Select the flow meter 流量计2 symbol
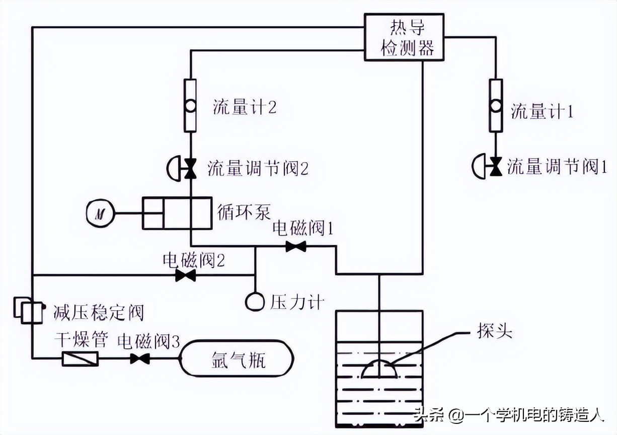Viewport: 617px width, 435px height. click(x=190, y=106)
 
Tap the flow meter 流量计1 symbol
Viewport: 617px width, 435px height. click(x=496, y=106)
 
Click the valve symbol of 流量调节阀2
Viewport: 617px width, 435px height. click(x=190, y=168)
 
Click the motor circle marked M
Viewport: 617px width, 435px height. click(x=99, y=213)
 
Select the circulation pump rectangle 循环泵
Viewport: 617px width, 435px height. click(x=176, y=213)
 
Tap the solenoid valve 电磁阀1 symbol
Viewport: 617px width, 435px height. click(x=295, y=247)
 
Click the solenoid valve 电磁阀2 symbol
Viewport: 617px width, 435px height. click(x=186, y=275)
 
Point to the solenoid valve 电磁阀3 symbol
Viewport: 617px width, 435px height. click(x=140, y=359)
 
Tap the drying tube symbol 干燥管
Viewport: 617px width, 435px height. click(x=80, y=359)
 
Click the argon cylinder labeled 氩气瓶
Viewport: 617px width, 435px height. click(x=236, y=359)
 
